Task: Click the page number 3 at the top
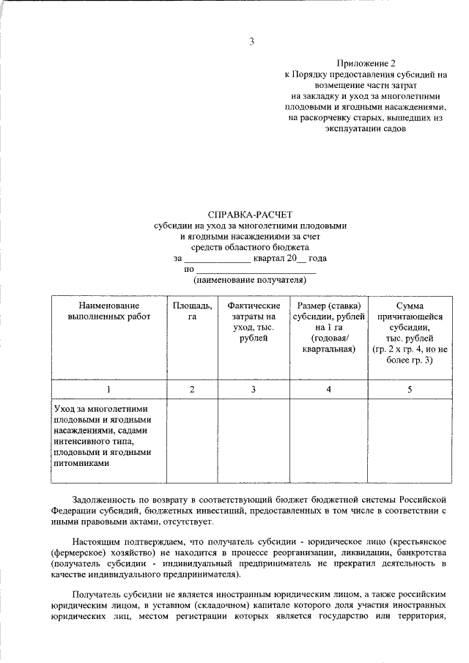[x=251, y=42]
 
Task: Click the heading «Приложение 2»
[x=365, y=64]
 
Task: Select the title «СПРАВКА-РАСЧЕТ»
[x=250, y=215]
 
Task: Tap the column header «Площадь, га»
[x=192, y=311]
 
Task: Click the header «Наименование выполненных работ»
[x=108, y=311]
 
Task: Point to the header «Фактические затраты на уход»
[x=254, y=321]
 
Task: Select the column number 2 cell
[x=192, y=389]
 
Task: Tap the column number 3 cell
[x=254, y=389]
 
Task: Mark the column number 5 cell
[x=410, y=389]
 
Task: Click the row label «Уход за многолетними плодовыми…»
[x=103, y=436]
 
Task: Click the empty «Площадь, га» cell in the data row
[x=192, y=440]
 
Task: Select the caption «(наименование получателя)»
[x=248, y=281]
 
